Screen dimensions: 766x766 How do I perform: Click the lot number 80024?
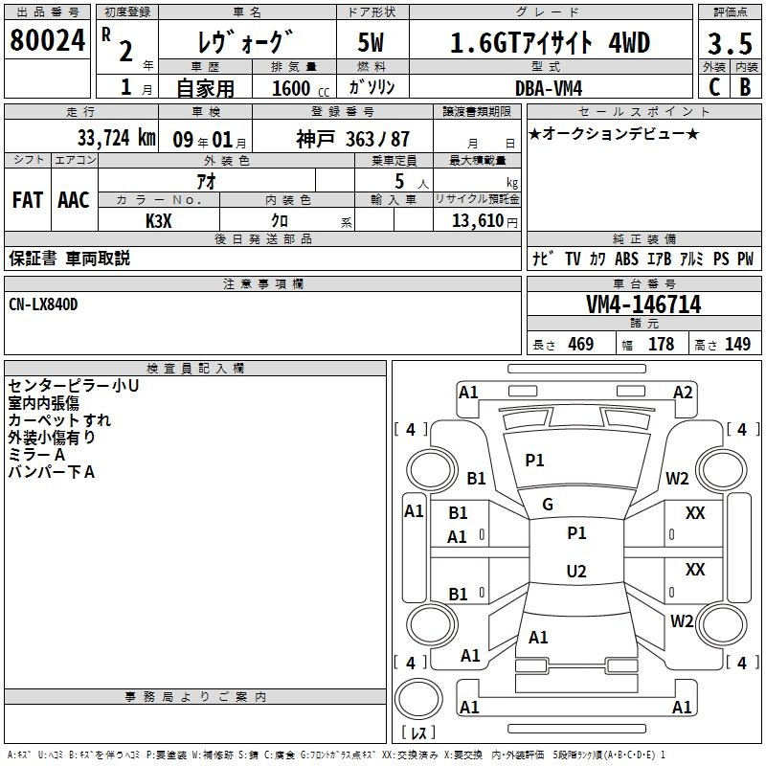47,40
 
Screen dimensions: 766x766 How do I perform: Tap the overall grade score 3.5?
730,43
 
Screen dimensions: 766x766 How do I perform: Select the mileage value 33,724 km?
116,138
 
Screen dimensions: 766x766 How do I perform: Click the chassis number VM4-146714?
643,304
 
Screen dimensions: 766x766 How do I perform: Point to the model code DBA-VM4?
549,88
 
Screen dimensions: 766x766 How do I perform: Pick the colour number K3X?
159,221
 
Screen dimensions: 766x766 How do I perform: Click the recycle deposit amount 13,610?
477,220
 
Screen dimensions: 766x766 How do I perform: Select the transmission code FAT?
28,200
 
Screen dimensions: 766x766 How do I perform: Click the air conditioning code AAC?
74,200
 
